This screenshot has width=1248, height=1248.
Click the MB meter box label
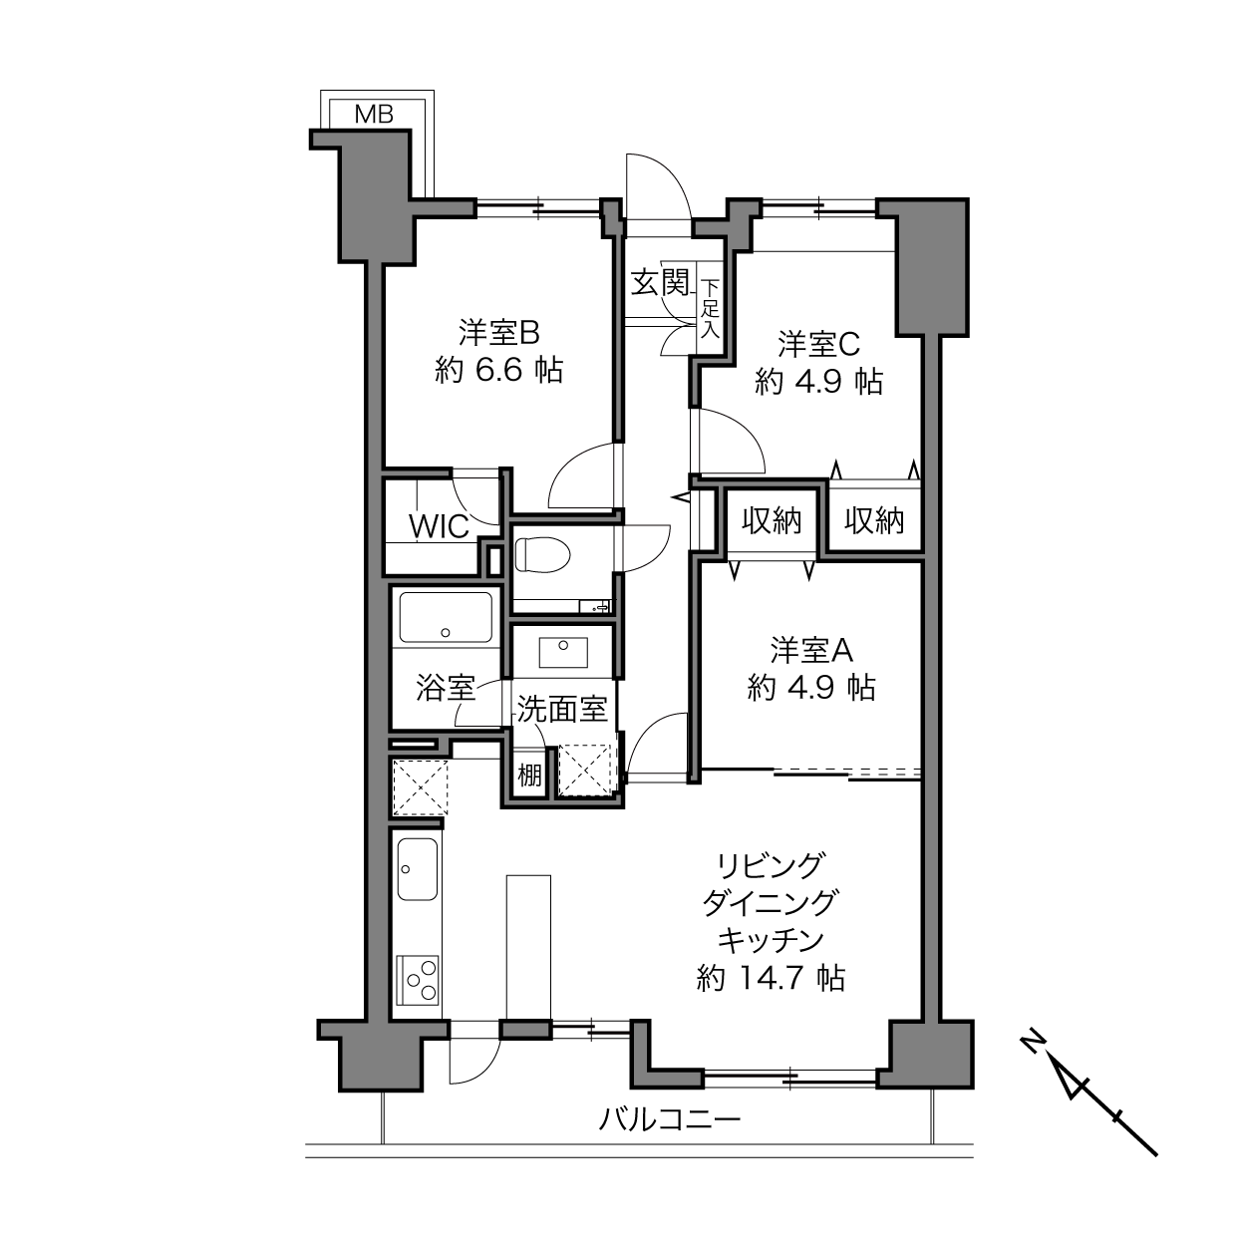(x=374, y=115)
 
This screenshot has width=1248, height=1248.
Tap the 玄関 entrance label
(x=660, y=282)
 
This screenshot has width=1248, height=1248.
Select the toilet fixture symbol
(x=542, y=555)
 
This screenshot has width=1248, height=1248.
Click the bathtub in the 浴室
(x=446, y=617)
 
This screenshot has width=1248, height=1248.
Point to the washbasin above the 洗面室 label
(x=563, y=652)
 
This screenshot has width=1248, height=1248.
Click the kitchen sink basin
(x=417, y=869)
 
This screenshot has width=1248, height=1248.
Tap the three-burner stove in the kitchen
(x=417, y=980)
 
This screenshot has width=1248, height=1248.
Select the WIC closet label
(x=440, y=526)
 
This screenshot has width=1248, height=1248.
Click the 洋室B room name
(x=498, y=333)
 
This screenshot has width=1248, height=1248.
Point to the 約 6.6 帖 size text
(x=498, y=371)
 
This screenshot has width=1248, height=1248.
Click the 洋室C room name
(x=818, y=344)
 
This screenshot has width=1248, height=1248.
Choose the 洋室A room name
(x=811, y=650)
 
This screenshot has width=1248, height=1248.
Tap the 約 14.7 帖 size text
(x=771, y=978)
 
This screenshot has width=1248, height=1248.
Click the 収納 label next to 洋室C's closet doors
(x=873, y=520)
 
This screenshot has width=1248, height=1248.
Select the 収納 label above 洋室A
(x=772, y=520)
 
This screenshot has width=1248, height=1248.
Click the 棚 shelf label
(x=529, y=775)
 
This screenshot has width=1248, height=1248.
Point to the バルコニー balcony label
(x=669, y=1119)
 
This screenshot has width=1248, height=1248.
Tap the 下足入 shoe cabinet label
(x=711, y=308)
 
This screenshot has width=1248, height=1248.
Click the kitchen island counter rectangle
(x=528, y=949)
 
